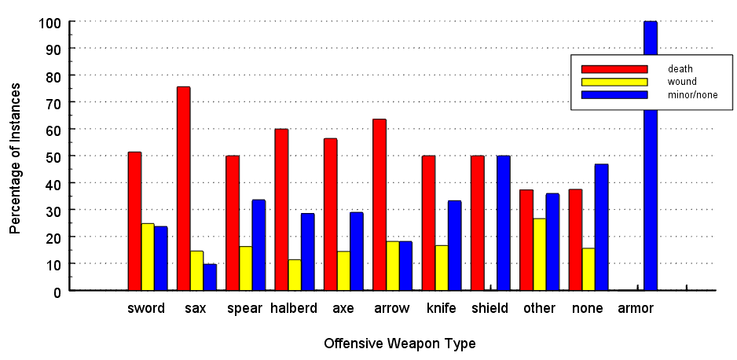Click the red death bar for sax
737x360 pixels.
[183, 189]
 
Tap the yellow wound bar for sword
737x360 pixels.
[148, 257]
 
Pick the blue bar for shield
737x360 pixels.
[504, 223]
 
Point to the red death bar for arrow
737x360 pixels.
[379, 205]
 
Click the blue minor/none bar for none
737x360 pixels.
[602, 227]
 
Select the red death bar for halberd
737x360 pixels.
[281, 210]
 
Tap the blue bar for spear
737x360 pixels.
[258, 245]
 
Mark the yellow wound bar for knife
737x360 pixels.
[442, 268]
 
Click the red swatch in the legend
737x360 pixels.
[614, 69]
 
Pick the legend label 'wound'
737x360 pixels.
[682, 82]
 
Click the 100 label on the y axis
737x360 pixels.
[49, 22]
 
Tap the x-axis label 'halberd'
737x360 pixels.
[294, 308]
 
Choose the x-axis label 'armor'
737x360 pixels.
[636, 308]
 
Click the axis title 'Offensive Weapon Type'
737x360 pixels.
[399, 343]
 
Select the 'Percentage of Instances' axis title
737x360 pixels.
[16, 157]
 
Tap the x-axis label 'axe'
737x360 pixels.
[343, 308]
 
